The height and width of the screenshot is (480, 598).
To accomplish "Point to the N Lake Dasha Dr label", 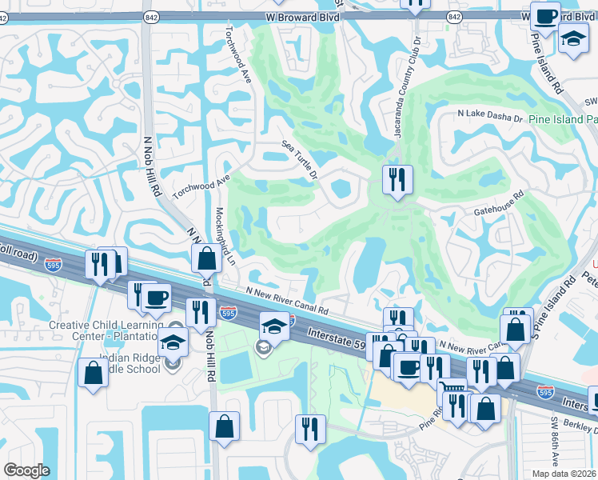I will point(489,117).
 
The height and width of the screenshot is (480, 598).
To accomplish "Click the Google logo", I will point(27,470).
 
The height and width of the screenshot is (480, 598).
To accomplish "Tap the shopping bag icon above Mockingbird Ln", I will point(206,258).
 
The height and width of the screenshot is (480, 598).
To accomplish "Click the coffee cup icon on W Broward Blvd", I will point(546,16).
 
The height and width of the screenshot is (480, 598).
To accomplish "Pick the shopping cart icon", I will point(453,388).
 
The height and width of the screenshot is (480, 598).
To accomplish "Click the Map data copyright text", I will point(563,474).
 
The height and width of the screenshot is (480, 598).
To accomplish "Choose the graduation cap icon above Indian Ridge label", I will point(173,342).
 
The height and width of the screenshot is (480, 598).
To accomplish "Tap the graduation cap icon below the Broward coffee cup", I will point(572,38).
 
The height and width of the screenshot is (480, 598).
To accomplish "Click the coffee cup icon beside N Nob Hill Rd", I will point(155,298).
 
